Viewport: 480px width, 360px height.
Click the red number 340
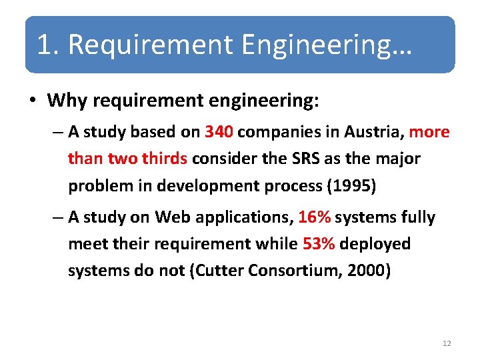[x=219, y=132]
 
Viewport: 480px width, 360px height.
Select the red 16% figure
[x=315, y=217]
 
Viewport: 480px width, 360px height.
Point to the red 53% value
[x=319, y=244]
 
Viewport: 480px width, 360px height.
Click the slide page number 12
[x=447, y=343]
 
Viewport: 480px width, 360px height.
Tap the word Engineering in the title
[x=327, y=45]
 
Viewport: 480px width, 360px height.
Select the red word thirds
[x=166, y=159]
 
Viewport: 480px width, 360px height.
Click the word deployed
[x=375, y=244]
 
